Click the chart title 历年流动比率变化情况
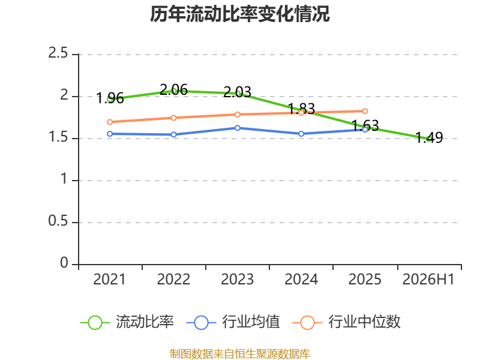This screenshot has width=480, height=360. click(x=239, y=14)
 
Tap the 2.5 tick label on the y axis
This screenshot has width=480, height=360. click(x=58, y=53)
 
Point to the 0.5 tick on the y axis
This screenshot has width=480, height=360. click(x=58, y=221)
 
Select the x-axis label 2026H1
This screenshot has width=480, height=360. click(x=428, y=280)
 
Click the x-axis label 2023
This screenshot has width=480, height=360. click(x=237, y=280)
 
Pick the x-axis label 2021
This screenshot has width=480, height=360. click(x=110, y=280)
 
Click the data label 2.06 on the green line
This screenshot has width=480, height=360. click(x=173, y=89)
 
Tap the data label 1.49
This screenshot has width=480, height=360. click(x=429, y=137)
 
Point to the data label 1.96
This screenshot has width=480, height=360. click(x=110, y=98)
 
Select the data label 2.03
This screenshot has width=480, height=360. click(x=237, y=92)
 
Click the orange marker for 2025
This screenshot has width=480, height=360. click(x=365, y=111)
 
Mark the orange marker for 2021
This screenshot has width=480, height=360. click(x=110, y=122)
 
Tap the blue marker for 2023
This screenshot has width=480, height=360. click(x=237, y=128)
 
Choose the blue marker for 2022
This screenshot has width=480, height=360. click(x=173, y=134)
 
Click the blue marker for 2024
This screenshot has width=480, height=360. click(x=301, y=134)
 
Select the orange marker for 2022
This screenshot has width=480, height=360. click(x=173, y=118)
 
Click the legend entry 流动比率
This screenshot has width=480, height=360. click(x=127, y=322)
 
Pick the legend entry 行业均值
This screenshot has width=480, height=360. click(x=233, y=322)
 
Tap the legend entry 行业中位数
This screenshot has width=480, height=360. click(x=347, y=322)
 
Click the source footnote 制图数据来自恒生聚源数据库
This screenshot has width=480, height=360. click(x=239, y=354)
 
